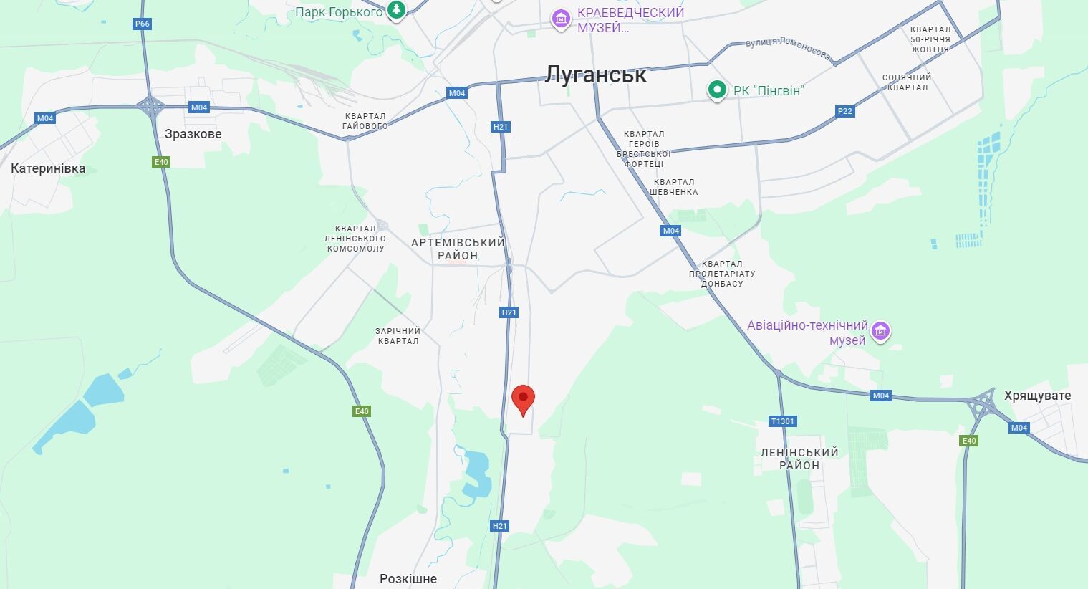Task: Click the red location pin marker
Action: (524, 398)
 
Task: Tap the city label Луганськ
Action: (596, 75)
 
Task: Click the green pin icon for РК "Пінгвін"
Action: (716, 90)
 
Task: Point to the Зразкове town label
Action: (193, 134)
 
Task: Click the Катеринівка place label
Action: (48, 168)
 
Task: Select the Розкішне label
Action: (408, 579)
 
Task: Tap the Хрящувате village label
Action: (1037, 396)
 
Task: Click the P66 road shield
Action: (143, 24)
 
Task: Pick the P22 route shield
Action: (845, 111)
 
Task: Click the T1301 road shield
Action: (782, 421)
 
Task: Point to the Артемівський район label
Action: (458, 249)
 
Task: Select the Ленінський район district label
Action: (799, 459)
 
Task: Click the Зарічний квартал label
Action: (398, 336)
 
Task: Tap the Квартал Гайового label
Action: (365, 121)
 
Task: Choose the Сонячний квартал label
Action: (908, 82)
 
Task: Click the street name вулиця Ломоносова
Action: (788, 48)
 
